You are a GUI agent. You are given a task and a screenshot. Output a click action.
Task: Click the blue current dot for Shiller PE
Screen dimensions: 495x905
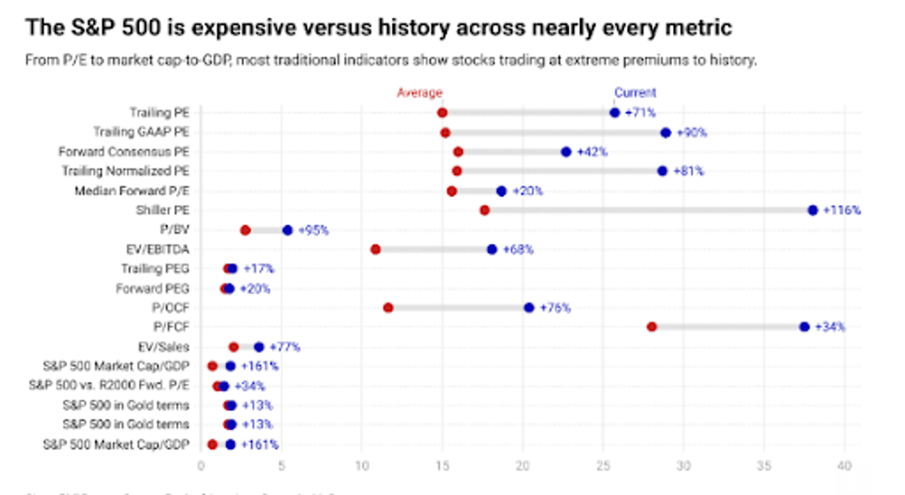click(x=813, y=210)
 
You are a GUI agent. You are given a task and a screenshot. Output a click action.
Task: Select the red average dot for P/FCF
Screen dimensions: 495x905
click(x=652, y=327)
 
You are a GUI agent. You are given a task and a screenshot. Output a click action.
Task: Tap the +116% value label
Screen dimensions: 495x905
click(x=841, y=210)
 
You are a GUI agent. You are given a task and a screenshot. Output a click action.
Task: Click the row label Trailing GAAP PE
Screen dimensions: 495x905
click(x=141, y=132)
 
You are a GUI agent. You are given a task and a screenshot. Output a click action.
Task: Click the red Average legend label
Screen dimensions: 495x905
click(x=419, y=93)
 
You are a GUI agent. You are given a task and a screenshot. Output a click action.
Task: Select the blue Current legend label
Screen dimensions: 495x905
click(x=635, y=93)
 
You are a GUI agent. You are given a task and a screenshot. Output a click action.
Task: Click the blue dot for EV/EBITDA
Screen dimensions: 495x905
click(x=492, y=250)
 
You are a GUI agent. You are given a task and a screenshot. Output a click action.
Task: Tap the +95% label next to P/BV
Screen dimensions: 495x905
click(x=313, y=229)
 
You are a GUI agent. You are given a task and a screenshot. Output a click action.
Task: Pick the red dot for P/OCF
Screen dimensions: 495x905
click(x=388, y=307)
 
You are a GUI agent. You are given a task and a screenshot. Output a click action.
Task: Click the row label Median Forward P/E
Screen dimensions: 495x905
click(x=132, y=190)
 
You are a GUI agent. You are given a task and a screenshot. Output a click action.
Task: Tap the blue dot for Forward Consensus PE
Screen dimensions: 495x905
click(x=566, y=152)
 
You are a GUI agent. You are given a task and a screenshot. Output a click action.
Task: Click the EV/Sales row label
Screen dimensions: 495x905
click(x=163, y=346)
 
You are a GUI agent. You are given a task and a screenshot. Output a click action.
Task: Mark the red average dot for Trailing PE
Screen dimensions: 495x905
click(x=442, y=112)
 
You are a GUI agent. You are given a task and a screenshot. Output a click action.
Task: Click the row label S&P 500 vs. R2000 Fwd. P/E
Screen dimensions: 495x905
click(x=109, y=385)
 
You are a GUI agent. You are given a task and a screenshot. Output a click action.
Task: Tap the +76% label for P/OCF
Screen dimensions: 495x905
click(x=555, y=307)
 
